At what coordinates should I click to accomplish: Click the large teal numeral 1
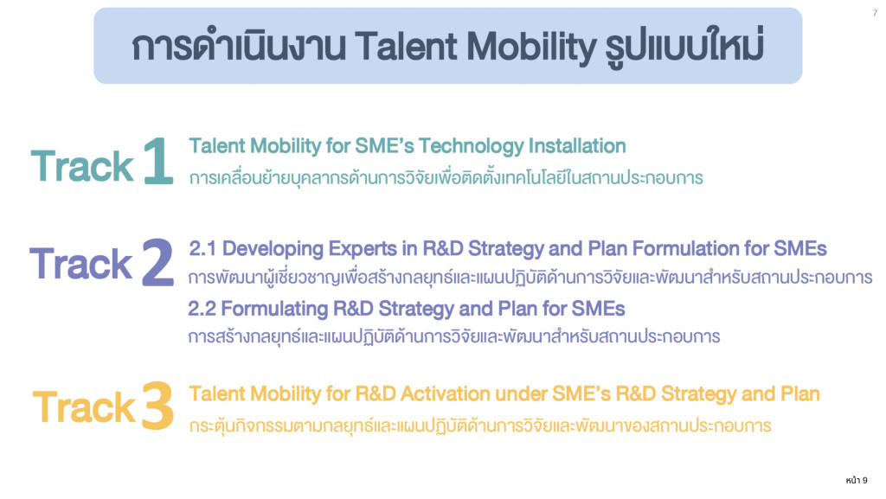[x=158, y=161]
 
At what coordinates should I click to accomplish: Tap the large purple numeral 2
[x=157, y=262]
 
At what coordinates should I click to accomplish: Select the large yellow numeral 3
[x=157, y=406]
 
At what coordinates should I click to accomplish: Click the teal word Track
[x=82, y=166]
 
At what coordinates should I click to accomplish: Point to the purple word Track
[x=80, y=264]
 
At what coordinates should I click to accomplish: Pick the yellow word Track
[x=84, y=407]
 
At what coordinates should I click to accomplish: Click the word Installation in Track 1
[x=577, y=145]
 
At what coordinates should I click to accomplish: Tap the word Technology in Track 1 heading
[x=472, y=147]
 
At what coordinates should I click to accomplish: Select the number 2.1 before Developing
[x=202, y=248]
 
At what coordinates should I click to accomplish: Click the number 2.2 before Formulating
[x=201, y=309]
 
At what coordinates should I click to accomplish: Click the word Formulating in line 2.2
[x=274, y=310]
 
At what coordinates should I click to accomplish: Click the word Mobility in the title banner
[x=531, y=47]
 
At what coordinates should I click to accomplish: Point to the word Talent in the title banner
[x=407, y=46]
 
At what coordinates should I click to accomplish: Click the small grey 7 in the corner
[x=875, y=13]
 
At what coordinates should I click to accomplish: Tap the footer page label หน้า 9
[x=857, y=480]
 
